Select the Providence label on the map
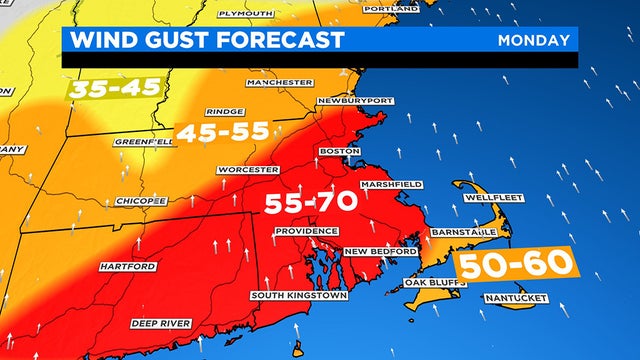tap(307, 231)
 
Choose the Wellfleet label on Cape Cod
tap(490, 197)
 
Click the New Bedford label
tap(371, 251)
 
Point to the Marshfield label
tap(392, 184)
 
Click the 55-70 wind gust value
tap(310, 204)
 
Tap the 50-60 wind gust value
tap(515, 265)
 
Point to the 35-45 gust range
tap(115, 88)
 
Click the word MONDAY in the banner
tap(534, 40)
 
